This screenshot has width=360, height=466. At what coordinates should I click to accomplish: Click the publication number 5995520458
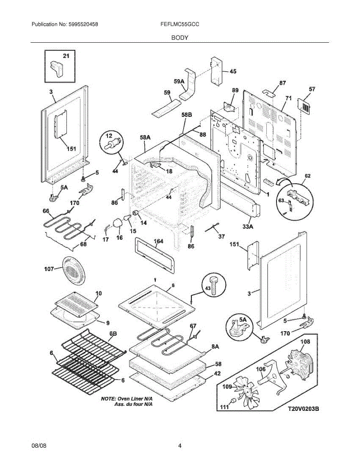pyautogui.click(x=83, y=24)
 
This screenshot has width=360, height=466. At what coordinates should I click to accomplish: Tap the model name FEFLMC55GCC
pyautogui.click(x=180, y=24)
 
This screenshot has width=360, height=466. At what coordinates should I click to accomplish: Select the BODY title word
pyautogui.click(x=180, y=38)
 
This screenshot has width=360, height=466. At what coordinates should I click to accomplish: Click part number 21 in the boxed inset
pyautogui.click(x=66, y=56)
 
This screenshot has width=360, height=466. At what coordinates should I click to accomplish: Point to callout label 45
pyautogui.click(x=233, y=71)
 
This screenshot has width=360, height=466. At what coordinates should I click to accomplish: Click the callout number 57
pyautogui.click(x=312, y=89)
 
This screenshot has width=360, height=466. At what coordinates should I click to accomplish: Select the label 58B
pyautogui.click(x=187, y=115)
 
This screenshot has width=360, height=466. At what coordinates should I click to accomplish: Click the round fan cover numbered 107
pyautogui.click(x=73, y=270)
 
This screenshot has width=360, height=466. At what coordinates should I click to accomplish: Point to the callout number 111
pyautogui.click(x=224, y=407)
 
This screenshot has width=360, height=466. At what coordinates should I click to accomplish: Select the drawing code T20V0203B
pyautogui.click(x=303, y=409)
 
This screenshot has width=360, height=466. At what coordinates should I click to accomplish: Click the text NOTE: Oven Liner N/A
pyautogui.click(x=127, y=399)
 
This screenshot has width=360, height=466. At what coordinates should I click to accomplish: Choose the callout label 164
pyautogui.click(x=158, y=241)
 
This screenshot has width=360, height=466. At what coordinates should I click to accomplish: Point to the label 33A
pyautogui.click(x=248, y=226)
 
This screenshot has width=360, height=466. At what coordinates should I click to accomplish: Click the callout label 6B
pyautogui.click(x=113, y=334)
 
